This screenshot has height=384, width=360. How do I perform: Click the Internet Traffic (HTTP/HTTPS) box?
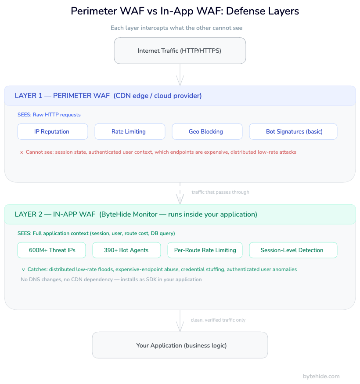tap(180, 51)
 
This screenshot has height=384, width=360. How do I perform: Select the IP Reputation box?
tap(52, 131)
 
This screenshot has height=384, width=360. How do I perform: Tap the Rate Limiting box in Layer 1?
tap(130, 131)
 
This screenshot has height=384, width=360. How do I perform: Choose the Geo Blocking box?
tap(207, 131)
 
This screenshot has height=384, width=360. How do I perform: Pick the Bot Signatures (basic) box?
tap(293, 131)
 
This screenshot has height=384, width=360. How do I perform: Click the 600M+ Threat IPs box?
tap(52, 250)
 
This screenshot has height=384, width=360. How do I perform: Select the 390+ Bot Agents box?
tap(126, 250)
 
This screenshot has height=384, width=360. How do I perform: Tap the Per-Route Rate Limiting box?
tap(205, 250)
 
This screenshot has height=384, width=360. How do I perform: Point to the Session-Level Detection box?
tap(293, 250)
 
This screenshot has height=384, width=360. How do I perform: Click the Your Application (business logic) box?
tap(180, 345)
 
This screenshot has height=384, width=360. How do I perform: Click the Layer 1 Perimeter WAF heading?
tap(108, 96)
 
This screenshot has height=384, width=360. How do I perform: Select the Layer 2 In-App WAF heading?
tap(136, 214)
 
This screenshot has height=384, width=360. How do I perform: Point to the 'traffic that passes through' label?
tap(220, 192)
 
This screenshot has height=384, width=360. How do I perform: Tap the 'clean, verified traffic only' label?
tap(218, 320)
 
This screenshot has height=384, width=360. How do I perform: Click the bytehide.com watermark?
tap(321, 376)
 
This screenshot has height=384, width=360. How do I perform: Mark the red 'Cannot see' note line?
tap(158, 152)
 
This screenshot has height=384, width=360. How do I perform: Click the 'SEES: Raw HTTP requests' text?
tap(49, 115)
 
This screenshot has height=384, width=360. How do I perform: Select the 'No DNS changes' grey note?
tap(111, 279)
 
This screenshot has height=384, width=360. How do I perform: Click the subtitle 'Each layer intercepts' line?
tap(176, 28)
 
